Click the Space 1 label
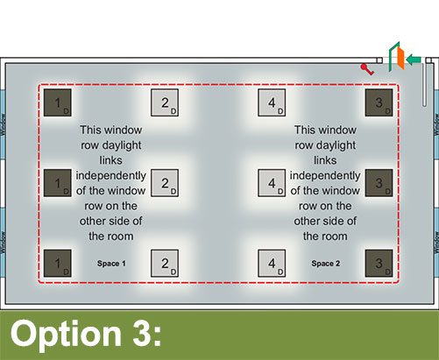click(x=111, y=264)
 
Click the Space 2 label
click(x=326, y=264)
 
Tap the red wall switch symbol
click(x=367, y=69)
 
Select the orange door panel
click(x=400, y=59)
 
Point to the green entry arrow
click(x=414, y=60)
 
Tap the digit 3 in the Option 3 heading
click(x=143, y=333)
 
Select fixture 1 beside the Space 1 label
click(x=58, y=263)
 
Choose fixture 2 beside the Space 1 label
click(x=165, y=263)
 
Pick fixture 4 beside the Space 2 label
click(x=272, y=263)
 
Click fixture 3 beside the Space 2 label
click(x=379, y=263)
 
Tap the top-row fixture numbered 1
click(x=58, y=102)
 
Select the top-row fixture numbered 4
click(x=272, y=102)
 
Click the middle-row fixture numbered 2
click(x=165, y=183)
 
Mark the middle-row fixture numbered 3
click(x=379, y=183)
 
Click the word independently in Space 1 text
click(x=111, y=176)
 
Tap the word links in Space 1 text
click(x=111, y=160)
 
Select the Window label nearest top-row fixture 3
click(x=436, y=124)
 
